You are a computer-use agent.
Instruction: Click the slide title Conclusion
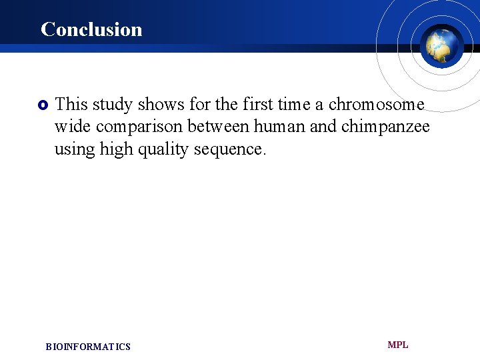click(91, 29)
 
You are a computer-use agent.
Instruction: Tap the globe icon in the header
click(441, 46)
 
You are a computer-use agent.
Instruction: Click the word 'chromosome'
click(376, 104)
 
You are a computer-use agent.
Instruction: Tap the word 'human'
click(279, 127)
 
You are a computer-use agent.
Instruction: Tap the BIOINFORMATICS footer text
click(88, 347)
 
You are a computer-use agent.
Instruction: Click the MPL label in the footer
click(398, 345)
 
